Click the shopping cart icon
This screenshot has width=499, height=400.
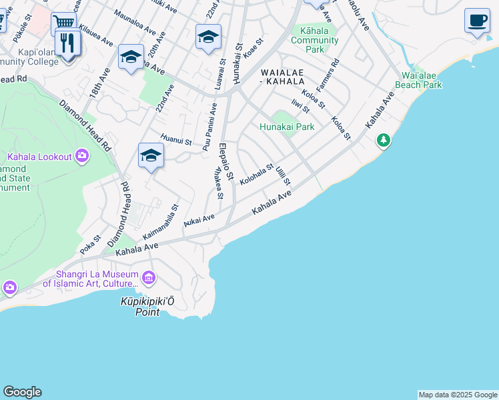[63, 23]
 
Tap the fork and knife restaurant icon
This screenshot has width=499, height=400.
[68, 43]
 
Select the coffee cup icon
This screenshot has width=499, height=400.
[477, 19]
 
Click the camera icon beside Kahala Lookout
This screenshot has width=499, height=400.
[81, 157]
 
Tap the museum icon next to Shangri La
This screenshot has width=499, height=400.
[148, 277]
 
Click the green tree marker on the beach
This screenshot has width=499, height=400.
[383, 141]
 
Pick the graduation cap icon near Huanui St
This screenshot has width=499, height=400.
[151, 156]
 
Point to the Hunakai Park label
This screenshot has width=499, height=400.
[287, 127]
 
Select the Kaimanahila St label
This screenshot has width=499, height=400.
[161, 223]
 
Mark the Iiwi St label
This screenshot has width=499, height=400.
[300, 105]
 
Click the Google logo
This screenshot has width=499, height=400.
[22, 392]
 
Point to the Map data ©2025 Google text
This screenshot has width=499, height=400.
[458, 395]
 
